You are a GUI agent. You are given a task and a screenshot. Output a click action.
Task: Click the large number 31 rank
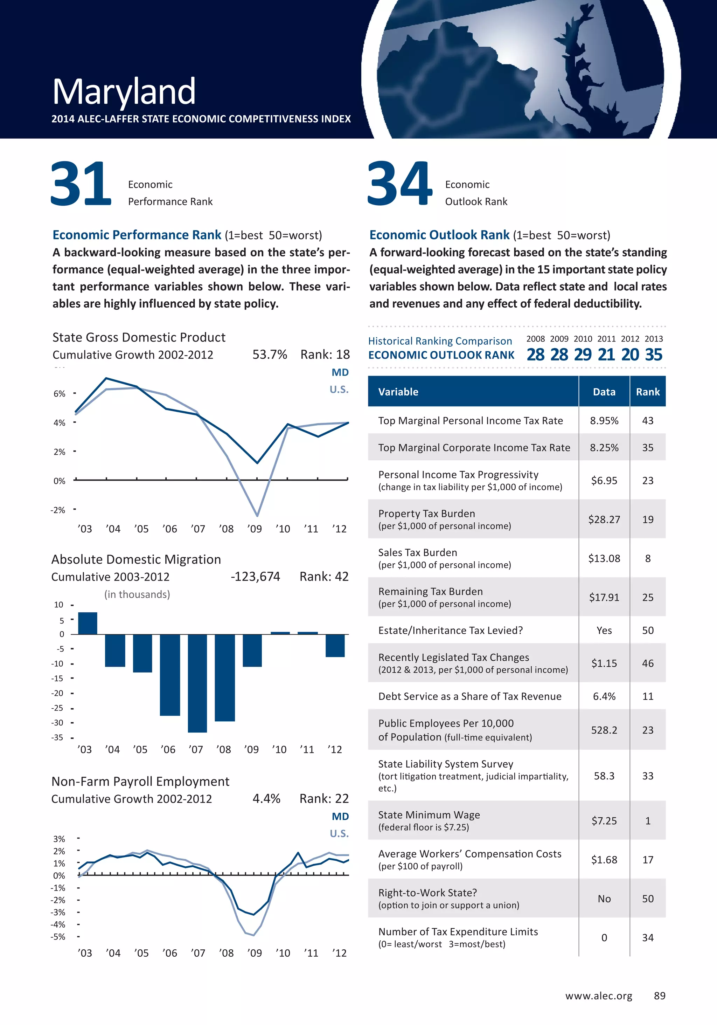click(81, 184)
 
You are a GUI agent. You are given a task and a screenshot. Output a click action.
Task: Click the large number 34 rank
click(399, 184)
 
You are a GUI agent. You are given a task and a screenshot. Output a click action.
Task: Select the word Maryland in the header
click(124, 91)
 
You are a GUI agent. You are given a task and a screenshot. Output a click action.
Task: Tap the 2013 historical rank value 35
click(653, 355)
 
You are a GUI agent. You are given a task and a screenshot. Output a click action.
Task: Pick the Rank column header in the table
click(647, 392)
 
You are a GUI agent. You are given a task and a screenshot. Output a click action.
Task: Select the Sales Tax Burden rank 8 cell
click(647, 558)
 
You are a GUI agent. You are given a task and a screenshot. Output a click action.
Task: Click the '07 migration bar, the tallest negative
click(197, 683)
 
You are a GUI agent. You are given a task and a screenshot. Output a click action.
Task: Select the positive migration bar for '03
click(88, 623)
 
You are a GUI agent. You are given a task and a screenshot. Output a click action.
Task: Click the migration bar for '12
click(335, 646)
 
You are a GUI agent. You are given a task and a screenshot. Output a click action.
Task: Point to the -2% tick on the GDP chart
click(58, 510)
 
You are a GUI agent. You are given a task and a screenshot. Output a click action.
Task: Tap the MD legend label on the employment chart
click(340, 816)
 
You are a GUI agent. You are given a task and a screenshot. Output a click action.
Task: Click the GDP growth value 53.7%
click(270, 355)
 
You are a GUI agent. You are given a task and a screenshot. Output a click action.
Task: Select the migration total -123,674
click(255, 576)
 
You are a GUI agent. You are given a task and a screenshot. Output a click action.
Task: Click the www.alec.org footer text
click(598, 996)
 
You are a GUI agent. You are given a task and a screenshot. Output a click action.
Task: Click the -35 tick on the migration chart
click(57, 737)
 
